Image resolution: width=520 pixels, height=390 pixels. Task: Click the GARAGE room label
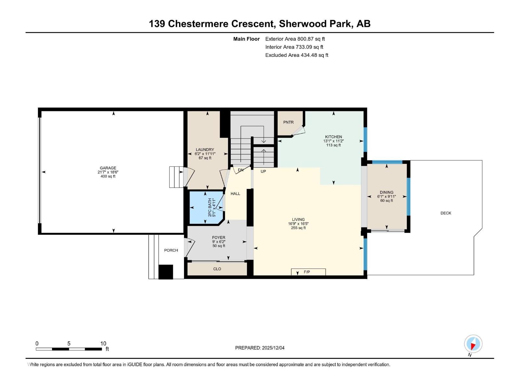(x=108, y=168)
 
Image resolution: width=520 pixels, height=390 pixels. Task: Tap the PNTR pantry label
(x=288, y=122)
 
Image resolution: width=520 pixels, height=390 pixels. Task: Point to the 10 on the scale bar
(x=103, y=344)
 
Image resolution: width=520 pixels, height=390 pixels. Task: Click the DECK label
(x=446, y=213)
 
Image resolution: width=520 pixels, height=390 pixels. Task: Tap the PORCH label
(x=171, y=250)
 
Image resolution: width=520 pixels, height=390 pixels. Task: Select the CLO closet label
(x=217, y=269)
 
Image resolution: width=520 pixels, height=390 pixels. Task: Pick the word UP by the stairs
(x=263, y=171)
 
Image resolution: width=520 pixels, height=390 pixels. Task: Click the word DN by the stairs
(x=240, y=170)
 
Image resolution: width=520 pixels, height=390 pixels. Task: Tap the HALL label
(x=235, y=194)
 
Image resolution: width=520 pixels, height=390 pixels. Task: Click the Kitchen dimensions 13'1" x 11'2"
(x=333, y=141)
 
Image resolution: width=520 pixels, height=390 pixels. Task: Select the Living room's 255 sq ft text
(x=298, y=228)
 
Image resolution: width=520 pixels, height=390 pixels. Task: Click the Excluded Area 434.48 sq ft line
(x=296, y=55)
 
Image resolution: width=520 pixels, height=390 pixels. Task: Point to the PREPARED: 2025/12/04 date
(x=260, y=348)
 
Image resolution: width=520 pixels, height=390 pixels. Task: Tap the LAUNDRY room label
(x=205, y=150)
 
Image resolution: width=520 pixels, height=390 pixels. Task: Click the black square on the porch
(x=166, y=272)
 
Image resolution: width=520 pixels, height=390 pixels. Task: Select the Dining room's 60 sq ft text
(x=386, y=201)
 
